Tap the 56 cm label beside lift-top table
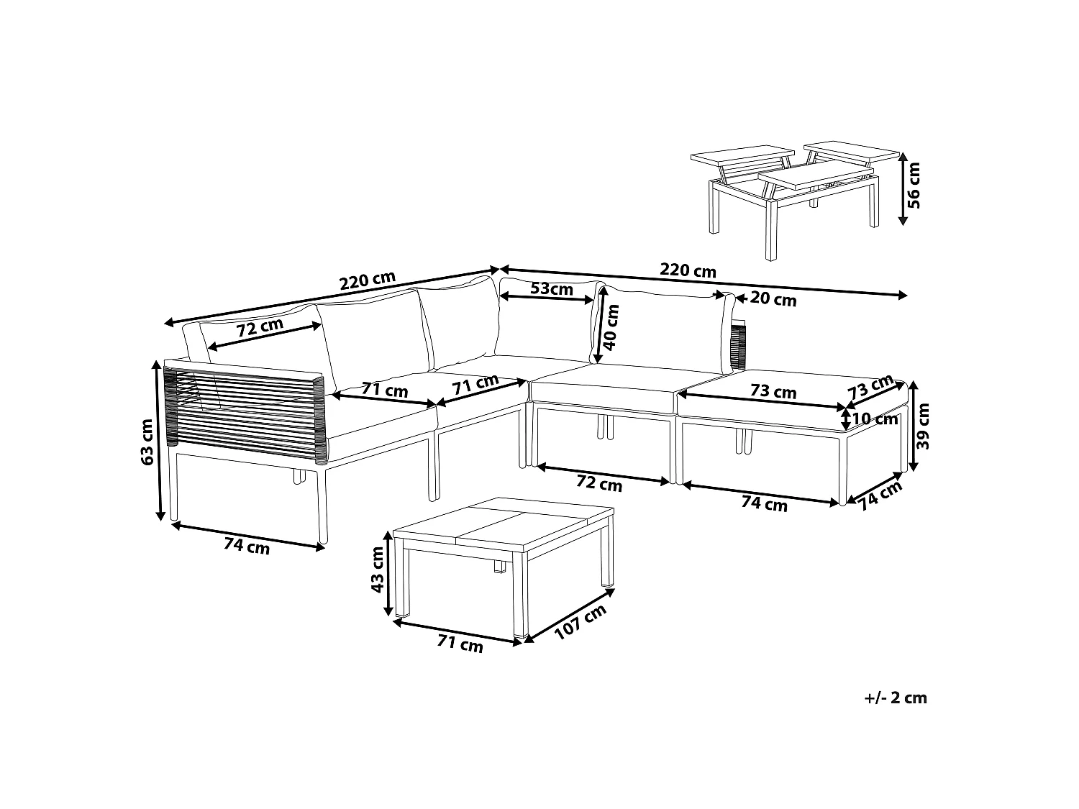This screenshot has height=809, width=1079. (914, 185)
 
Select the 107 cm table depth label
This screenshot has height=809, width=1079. (580, 622)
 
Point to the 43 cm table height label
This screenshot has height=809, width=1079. (377, 570)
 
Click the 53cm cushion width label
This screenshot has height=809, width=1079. (552, 289)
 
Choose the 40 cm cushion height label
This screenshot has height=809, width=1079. (610, 327)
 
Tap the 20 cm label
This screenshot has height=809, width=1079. (773, 299)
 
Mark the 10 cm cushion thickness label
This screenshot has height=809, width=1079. (875, 419)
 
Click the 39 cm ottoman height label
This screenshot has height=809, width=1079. (923, 426)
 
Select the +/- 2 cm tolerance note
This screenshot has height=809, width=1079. (896, 698)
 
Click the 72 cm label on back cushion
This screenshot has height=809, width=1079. (260, 327)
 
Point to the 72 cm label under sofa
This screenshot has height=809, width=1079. (598, 484)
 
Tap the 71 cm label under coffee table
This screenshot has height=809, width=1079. (460, 644)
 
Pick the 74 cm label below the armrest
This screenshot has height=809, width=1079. (247, 545)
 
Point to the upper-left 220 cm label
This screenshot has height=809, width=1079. (367, 280)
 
